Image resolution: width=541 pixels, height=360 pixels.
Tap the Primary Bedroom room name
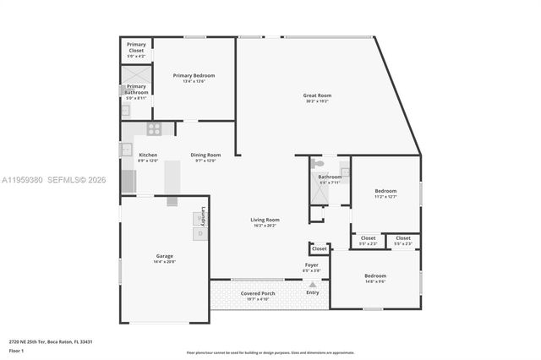[x=194, y=76]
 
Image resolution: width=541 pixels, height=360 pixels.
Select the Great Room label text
[x=317, y=95]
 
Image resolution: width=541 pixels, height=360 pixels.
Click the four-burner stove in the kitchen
[x=154, y=128]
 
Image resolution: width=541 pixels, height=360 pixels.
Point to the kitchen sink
[x=126, y=150]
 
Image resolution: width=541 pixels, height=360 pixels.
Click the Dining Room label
[x=205, y=155]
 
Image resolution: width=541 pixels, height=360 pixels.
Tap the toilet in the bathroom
[x=317, y=163]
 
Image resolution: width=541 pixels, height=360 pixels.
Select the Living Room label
[x=265, y=220]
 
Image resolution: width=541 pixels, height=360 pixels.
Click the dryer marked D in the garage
[x=200, y=233]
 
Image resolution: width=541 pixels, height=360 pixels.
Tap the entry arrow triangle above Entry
[x=313, y=284]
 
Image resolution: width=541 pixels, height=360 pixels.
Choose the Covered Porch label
[x=257, y=293]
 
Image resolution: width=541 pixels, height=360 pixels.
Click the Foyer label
[x=312, y=265]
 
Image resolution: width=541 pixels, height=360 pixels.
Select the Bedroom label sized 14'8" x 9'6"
[x=375, y=276]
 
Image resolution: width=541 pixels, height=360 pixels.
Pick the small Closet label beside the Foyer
[x=319, y=248]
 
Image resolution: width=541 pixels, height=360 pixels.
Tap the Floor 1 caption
[x=16, y=350]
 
